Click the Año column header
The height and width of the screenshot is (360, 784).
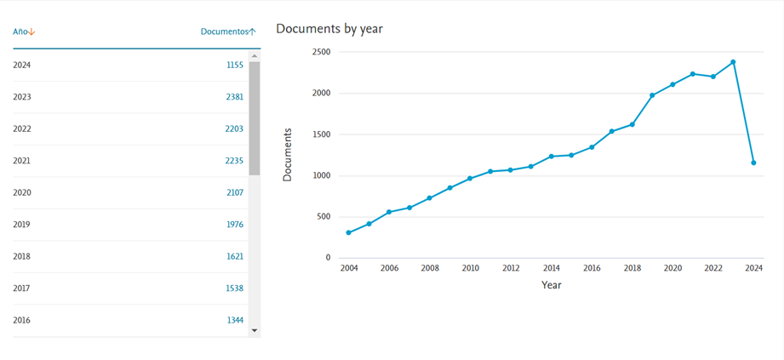click(24, 31)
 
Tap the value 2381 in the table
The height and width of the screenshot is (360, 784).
click(234, 97)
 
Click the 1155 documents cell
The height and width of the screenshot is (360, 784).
click(234, 65)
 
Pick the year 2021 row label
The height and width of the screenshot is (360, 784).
click(22, 161)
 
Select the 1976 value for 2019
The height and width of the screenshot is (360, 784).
click(234, 225)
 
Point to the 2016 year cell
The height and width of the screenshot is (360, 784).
click(22, 320)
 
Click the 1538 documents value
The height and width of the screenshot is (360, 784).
click(234, 289)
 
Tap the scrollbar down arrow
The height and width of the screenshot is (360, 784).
click(255, 330)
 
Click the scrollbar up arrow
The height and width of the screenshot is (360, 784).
click(255, 56)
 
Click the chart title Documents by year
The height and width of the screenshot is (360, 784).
click(329, 29)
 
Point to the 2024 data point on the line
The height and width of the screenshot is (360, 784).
click(753, 163)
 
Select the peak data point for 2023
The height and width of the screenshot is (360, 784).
click(733, 62)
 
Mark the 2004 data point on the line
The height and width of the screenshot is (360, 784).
click(348, 232)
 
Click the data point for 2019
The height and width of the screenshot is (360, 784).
click(652, 95)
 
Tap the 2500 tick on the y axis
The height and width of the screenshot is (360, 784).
click(321, 52)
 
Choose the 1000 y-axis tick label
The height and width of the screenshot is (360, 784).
click(321, 176)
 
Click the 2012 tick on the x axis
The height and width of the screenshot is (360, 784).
click(511, 268)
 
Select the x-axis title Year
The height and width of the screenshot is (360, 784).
click(551, 285)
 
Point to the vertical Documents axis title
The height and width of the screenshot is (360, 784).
click(287, 155)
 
